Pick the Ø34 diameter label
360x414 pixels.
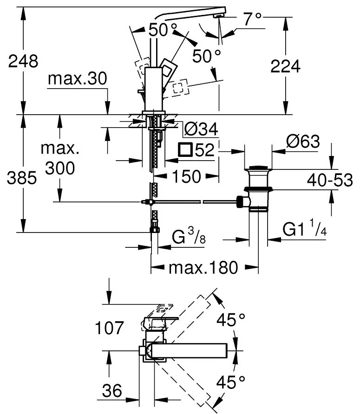coord(201,129)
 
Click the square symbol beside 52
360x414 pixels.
coord(186,150)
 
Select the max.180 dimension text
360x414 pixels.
coord(203,267)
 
